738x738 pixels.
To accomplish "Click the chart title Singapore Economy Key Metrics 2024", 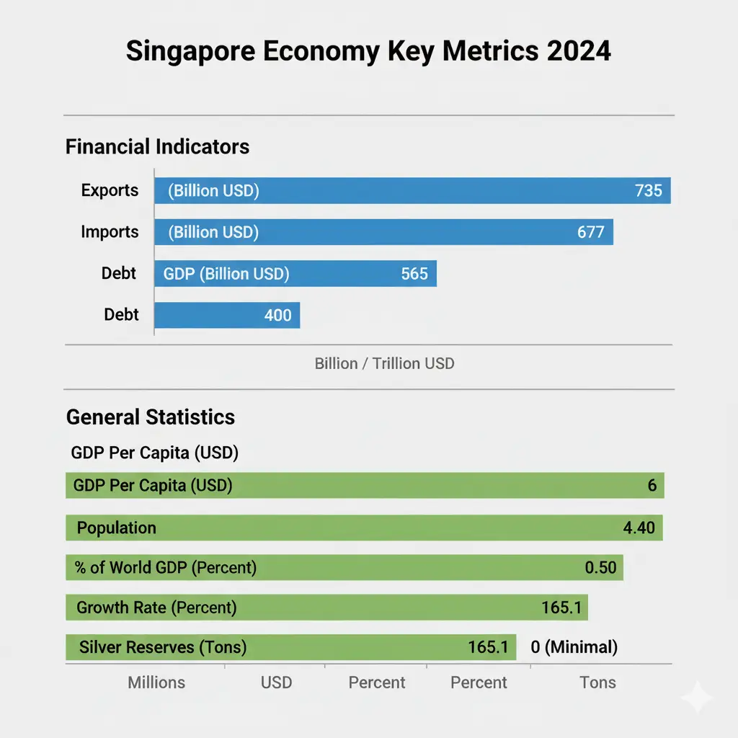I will (368, 52).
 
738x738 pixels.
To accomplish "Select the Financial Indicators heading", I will (157, 147).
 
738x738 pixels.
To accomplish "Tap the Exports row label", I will (110, 190).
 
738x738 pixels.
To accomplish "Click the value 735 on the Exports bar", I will (648, 191).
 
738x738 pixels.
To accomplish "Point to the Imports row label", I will (110, 232).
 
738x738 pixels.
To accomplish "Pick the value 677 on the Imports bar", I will (590, 233).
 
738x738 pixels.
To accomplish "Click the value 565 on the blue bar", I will (414, 274).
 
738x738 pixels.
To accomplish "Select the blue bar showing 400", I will (227, 315).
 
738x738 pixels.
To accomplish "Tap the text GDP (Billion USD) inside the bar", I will (226, 274).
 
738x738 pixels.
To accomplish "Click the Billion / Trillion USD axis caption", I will (384, 363).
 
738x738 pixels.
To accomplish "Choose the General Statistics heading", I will (150, 417).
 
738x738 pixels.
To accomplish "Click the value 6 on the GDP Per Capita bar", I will (652, 486).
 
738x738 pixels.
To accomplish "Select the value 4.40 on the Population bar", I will (639, 528).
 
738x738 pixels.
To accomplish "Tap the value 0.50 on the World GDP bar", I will (600, 567).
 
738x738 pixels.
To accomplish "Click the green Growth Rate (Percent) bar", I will (326, 608).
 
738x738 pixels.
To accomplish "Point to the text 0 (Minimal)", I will (574, 647).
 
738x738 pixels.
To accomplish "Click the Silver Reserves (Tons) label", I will (163, 647).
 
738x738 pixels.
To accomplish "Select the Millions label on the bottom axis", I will (156, 683).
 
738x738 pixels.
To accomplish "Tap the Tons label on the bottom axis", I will (597, 683).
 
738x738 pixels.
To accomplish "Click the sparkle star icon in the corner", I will (697, 698).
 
